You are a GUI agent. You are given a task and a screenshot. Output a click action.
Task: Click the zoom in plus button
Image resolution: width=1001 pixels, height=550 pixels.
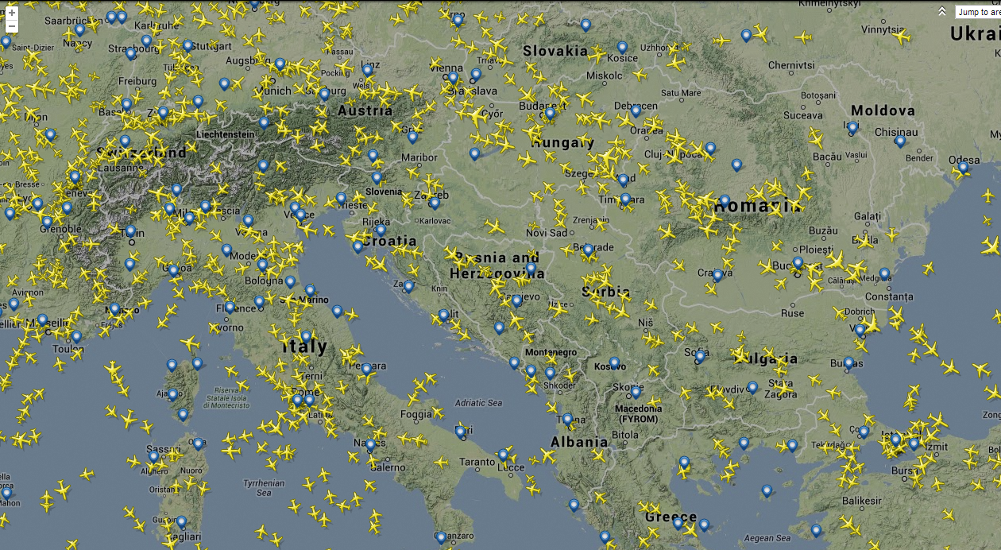11,13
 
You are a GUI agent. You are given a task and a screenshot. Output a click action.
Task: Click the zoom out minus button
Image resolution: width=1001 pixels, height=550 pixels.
11,27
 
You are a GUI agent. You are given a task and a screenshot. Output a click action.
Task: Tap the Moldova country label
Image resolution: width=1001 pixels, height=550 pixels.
883,110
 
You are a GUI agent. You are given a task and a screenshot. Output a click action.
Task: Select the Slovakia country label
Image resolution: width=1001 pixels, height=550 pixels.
555,51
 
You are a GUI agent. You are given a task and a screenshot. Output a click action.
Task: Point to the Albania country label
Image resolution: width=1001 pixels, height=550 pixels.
579,442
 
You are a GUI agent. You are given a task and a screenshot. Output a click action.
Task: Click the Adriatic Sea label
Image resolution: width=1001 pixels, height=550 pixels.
479,403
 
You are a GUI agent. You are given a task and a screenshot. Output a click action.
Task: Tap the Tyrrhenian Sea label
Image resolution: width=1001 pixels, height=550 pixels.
264,487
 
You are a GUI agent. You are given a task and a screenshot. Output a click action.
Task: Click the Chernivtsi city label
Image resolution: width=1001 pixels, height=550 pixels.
791,65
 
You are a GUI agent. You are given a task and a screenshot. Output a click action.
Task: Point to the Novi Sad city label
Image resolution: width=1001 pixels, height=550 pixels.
547,233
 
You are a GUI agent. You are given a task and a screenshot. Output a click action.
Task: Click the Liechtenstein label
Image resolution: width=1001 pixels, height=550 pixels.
225,134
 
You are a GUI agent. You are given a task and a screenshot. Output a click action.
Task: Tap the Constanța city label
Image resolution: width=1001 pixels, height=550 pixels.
889,296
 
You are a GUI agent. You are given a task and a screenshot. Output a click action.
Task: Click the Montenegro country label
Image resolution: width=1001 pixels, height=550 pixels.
551,352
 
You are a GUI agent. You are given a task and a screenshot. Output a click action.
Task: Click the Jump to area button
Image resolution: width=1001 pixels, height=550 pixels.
977,12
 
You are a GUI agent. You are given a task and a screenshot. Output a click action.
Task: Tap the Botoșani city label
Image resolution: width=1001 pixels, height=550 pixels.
818,95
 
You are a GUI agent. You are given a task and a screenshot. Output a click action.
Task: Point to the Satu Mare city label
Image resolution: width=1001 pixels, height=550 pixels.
681,93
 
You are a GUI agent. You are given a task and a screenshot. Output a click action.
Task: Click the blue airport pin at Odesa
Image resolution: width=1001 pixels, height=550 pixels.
964,167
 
